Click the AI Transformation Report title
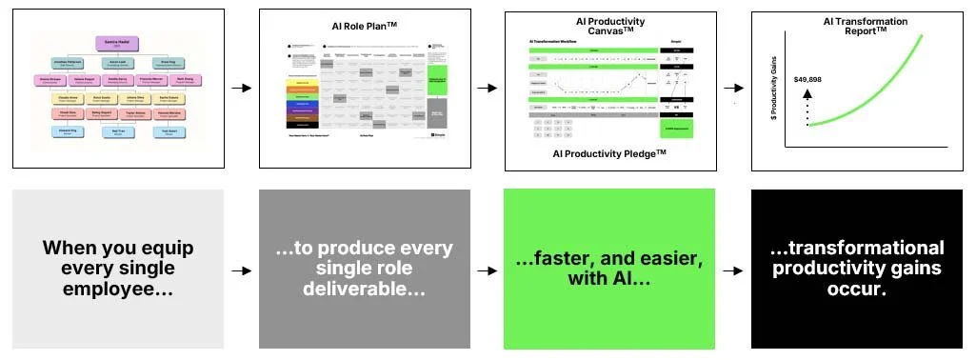tap(865, 27)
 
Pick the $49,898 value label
tap(807, 79)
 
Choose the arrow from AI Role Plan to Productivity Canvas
tap(487, 89)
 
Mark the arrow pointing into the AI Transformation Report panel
tap(734, 89)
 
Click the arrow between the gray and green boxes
tap(487, 270)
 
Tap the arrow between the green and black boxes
tap(732, 270)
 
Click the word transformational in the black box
tap(857, 248)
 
